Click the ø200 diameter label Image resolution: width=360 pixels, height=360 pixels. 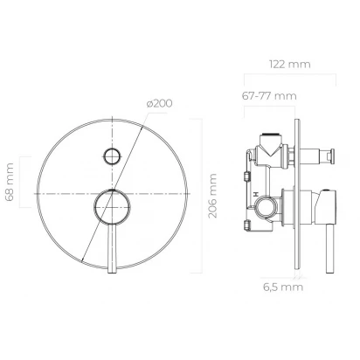point(159,103)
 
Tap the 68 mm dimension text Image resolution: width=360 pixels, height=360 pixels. point(9,182)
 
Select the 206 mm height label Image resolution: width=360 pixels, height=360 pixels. point(212,196)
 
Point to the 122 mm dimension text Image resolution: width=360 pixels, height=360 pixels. point(290,64)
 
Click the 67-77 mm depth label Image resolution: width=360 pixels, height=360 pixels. point(269,96)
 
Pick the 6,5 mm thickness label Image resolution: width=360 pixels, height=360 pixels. point(283,287)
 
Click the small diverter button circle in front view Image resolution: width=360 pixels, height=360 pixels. point(112,156)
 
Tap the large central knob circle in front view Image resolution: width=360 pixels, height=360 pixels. point(112,206)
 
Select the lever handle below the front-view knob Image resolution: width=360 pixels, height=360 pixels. point(112,248)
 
